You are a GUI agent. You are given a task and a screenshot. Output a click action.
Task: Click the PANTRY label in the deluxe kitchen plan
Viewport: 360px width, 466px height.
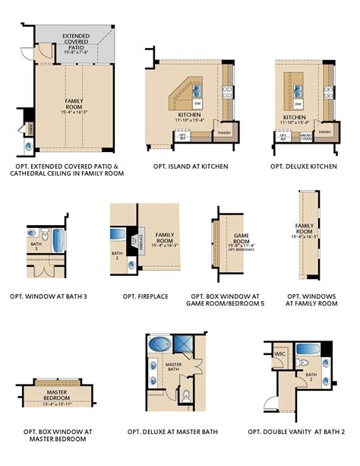[x=325, y=132]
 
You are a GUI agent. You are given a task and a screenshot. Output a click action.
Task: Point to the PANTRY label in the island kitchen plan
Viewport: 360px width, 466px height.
[x=223, y=132]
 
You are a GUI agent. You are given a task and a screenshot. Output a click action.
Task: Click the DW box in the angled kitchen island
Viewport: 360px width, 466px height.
[x=197, y=103]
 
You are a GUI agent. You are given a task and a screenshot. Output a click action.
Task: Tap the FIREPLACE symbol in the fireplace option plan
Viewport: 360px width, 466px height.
[x=141, y=242]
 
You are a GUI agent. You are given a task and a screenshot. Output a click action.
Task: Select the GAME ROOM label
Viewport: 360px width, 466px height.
[x=241, y=239]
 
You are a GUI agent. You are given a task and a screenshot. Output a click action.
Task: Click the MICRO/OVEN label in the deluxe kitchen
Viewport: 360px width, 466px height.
[x=306, y=138]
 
